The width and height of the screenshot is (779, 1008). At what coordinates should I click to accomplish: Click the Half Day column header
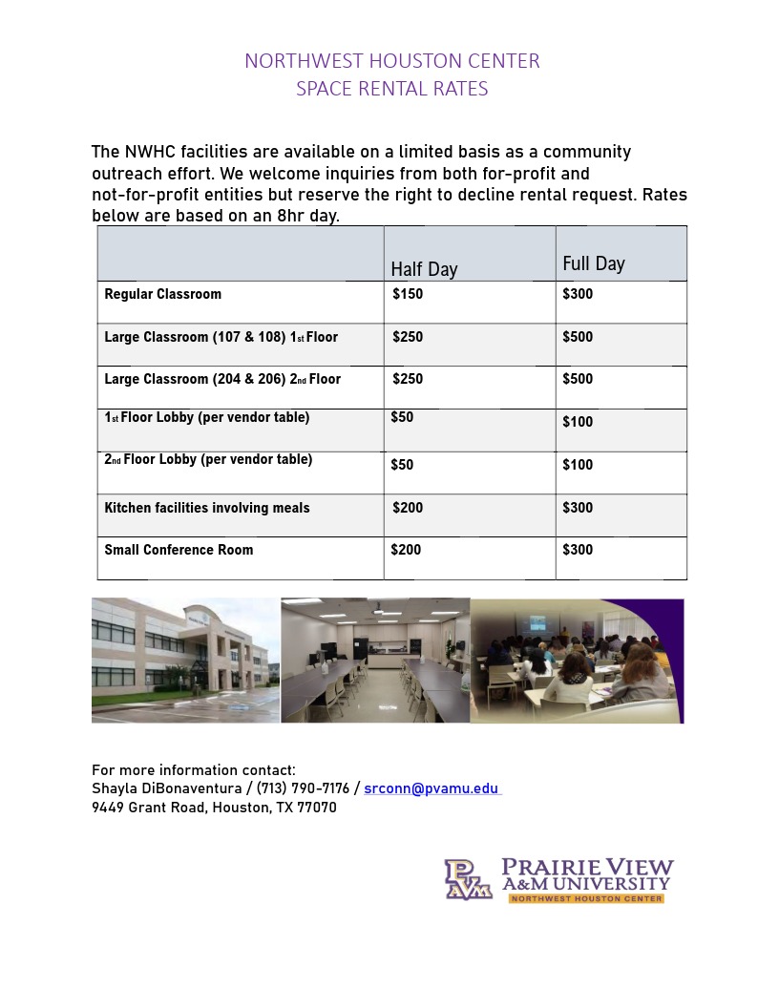pyautogui.click(x=424, y=269)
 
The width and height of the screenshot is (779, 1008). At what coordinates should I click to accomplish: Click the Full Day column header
pyautogui.click(x=594, y=263)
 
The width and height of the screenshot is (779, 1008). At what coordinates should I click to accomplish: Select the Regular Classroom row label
pyautogui.click(x=162, y=294)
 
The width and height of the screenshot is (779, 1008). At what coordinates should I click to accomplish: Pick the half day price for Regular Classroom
pyautogui.click(x=408, y=294)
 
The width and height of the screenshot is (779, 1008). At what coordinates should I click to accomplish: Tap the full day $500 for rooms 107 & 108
pyautogui.click(x=578, y=337)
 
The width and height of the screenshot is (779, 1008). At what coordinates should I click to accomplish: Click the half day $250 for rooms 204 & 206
pyautogui.click(x=408, y=379)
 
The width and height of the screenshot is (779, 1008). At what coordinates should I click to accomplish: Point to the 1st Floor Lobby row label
pyautogui.click(x=206, y=417)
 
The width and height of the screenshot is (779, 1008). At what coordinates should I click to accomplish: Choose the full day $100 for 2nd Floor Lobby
pyautogui.click(x=578, y=465)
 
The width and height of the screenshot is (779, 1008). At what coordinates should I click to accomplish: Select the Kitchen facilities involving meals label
pyautogui.click(x=207, y=508)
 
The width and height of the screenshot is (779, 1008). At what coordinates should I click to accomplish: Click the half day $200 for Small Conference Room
pyautogui.click(x=407, y=550)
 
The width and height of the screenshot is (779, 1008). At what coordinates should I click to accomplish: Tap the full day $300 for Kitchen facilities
pyautogui.click(x=578, y=508)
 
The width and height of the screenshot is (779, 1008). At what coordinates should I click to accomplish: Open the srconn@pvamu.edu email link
pyautogui.click(x=432, y=788)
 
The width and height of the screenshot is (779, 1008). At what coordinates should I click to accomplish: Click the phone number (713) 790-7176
pyautogui.click(x=303, y=788)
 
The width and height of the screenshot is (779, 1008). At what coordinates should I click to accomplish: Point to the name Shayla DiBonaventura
pyautogui.click(x=168, y=788)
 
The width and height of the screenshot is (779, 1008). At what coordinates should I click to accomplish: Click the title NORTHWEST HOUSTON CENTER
pyautogui.click(x=391, y=61)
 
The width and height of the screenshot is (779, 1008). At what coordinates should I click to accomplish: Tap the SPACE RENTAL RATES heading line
pyautogui.click(x=391, y=89)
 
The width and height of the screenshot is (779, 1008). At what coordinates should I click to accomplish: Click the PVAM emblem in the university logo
pyautogui.click(x=468, y=879)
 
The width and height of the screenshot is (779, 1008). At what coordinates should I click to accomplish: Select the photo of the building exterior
pyautogui.click(x=185, y=661)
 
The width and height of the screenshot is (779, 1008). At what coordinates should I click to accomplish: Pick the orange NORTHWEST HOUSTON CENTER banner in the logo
pyautogui.click(x=586, y=898)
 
